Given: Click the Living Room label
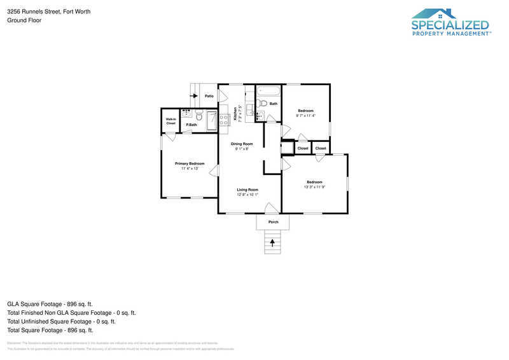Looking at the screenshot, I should coord(248,190).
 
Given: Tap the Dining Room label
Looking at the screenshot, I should coord(242,144).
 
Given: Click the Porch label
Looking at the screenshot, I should coord(273,222).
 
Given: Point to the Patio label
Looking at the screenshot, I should coord(209,96).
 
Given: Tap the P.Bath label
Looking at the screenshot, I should coord(191,125).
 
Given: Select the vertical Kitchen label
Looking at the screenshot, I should coord(235,113).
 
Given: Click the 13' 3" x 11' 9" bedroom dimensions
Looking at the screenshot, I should coord(314,187).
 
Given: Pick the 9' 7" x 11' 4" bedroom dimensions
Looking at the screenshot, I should coord(306,116).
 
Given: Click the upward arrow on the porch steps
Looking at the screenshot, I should coord(273,242).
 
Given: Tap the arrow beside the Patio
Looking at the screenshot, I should coord(194,95).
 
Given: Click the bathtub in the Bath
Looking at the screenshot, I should coord(268,90).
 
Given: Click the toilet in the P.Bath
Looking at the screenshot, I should coord(199,116).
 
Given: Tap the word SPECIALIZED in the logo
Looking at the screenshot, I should coord(450,25).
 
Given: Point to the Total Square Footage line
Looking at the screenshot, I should coord(50,330).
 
